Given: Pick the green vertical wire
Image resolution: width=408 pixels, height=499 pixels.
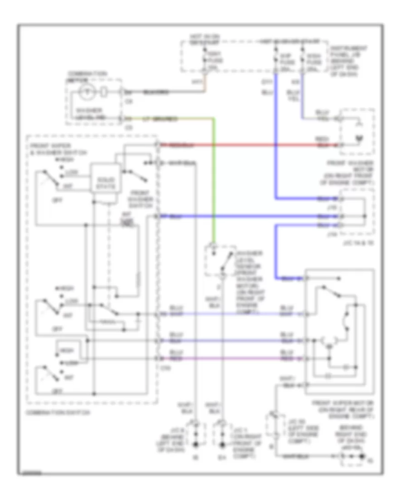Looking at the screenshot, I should (213, 181).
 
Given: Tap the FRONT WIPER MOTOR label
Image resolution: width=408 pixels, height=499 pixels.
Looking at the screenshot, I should (340, 406).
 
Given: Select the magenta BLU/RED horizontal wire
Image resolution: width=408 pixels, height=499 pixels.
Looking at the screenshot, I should (231, 358).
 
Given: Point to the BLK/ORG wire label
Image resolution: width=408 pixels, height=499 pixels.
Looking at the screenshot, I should (155, 93).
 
